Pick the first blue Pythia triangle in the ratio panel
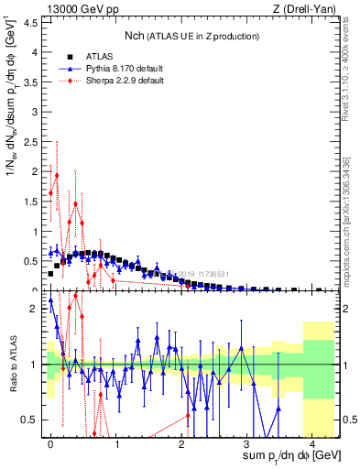pos(50,300)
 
